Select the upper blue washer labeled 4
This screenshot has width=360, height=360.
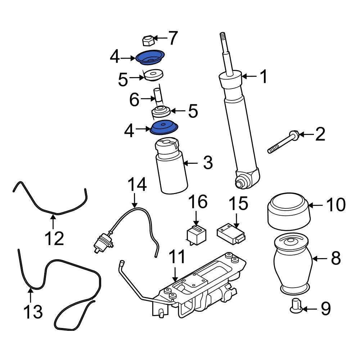point(150,58)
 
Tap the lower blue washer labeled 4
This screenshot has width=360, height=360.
point(164,127)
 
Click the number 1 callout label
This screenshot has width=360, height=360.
point(264,77)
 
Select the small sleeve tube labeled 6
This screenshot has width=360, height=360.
point(158,96)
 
